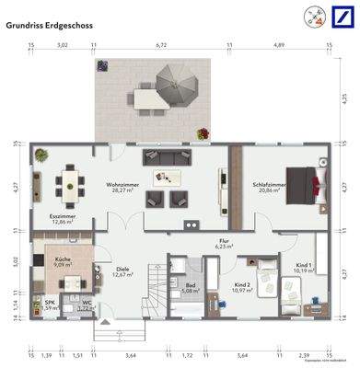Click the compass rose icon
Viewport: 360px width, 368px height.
(311, 17)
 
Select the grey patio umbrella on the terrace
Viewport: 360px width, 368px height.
(174, 87)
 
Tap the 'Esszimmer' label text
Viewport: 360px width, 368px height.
(64, 218)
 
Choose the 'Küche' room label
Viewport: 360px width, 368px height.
(62, 261)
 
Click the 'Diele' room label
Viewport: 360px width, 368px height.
(123, 271)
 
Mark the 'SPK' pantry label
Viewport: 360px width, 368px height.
(51, 305)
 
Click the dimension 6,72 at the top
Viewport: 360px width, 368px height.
(161, 43)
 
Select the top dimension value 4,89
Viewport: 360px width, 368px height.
(280, 43)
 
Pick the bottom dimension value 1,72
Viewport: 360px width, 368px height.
(188, 353)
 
